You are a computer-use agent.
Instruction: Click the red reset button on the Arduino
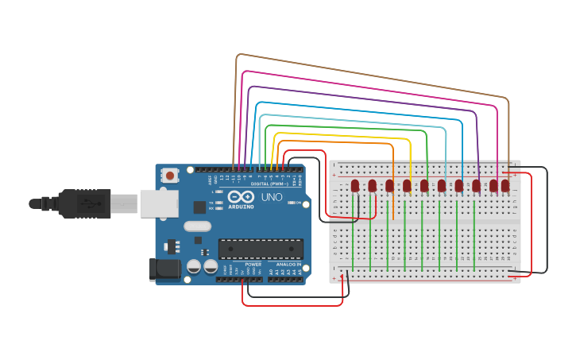point(169,175)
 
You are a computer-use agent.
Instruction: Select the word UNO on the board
point(272,197)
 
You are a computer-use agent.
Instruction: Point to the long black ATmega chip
point(260,249)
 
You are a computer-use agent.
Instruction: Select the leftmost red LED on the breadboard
point(355,186)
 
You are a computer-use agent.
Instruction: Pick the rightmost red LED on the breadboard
point(504,186)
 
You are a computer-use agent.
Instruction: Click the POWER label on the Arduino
point(253,265)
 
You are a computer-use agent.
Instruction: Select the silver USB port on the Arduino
point(158,203)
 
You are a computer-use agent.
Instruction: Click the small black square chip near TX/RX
point(199,207)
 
